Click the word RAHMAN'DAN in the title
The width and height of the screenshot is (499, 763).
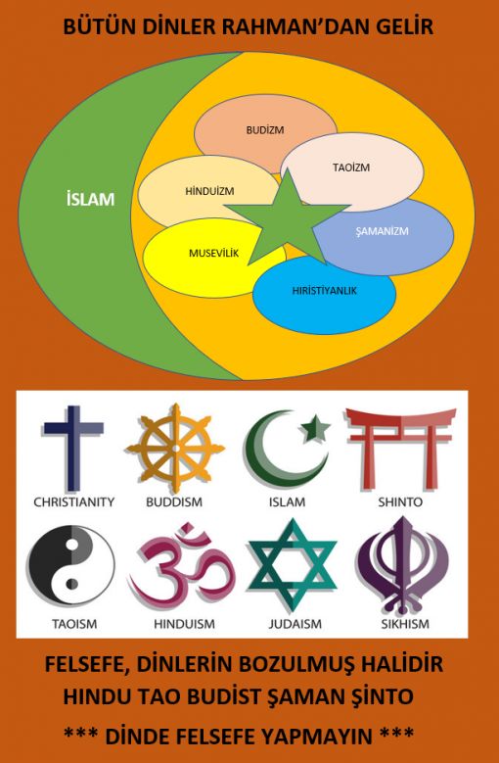[x=285, y=26]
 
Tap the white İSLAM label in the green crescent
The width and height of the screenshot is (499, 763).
[x=90, y=200]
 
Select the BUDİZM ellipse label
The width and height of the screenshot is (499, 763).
[x=265, y=130]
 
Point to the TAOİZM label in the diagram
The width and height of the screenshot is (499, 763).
[x=351, y=167]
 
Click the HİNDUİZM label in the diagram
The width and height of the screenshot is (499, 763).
[x=209, y=191]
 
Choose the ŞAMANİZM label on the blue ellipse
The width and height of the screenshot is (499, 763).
[x=382, y=230]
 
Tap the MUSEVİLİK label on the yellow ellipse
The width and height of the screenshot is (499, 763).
[x=214, y=253]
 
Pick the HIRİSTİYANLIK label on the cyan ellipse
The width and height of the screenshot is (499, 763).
[x=325, y=291]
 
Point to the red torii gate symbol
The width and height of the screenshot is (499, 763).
[x=400, y=448]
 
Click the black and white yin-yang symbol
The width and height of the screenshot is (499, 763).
[x=71, y=565]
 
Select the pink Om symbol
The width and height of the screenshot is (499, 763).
[x=183, y=566]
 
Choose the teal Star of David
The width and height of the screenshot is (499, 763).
[x=292, y=564]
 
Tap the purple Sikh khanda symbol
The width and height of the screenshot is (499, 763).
[x=403, y=565]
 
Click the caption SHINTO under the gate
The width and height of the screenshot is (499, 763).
[x=400, y=502]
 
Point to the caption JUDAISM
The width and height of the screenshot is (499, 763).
[x=295, y=624]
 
